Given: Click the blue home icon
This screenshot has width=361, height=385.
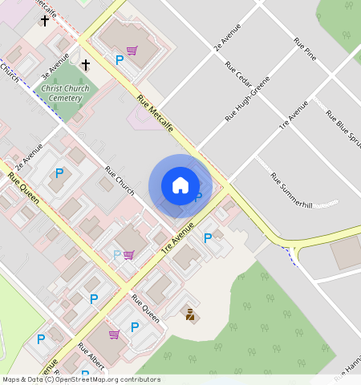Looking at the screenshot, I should click(180, 185).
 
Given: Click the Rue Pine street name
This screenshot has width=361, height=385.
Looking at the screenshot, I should click(305, 47).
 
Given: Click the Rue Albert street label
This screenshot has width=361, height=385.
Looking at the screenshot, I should click(91, 357).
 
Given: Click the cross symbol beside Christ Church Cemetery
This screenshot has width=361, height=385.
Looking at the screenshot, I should click(85, 64).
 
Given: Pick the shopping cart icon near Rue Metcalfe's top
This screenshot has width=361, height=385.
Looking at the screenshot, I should click(131, 51).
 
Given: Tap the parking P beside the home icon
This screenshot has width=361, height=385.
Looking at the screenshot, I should click(198, 197).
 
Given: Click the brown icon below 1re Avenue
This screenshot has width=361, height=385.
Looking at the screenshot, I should click(190, 314).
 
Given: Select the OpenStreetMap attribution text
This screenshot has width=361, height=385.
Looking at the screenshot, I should click(81, 379).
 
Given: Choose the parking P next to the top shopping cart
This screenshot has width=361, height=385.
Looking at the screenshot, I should click(120, 59).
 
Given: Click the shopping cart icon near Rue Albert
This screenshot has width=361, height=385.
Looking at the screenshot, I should click(114, 334).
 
